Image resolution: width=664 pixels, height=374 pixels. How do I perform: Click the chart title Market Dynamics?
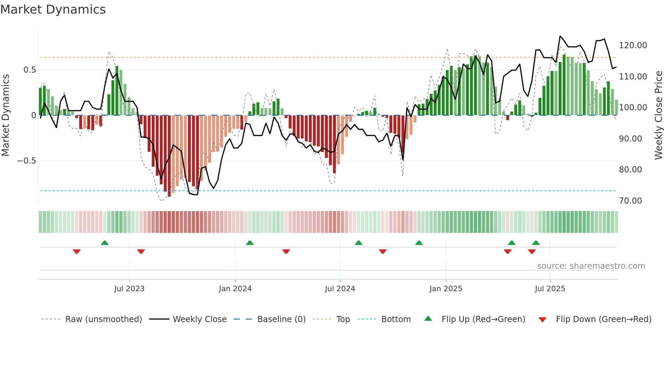point(53,10)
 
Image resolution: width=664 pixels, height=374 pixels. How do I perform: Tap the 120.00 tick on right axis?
point(632,45)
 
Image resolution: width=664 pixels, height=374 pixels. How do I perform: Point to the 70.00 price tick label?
point(630,201)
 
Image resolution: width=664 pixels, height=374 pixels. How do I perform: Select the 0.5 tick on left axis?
point(29,70)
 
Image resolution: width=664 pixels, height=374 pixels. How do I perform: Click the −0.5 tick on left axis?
point(27,161)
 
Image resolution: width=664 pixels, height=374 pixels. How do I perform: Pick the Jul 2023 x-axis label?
point(129,289)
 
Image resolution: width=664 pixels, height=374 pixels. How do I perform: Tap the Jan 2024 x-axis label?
point(235,289)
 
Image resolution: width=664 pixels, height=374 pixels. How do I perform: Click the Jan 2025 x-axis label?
point(445,289)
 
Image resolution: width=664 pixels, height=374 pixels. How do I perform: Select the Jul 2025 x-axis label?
point(550,289)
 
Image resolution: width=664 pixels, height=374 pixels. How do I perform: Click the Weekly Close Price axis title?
point(658,115)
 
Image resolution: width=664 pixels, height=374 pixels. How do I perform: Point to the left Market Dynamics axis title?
point(5,115)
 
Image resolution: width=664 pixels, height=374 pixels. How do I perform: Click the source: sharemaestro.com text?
point(591,266)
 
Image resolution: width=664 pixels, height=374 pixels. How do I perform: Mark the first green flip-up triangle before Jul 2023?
point(105,243)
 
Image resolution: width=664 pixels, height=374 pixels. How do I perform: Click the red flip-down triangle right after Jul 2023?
point(141,251)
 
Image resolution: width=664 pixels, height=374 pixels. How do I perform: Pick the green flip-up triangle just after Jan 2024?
point(250,243)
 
